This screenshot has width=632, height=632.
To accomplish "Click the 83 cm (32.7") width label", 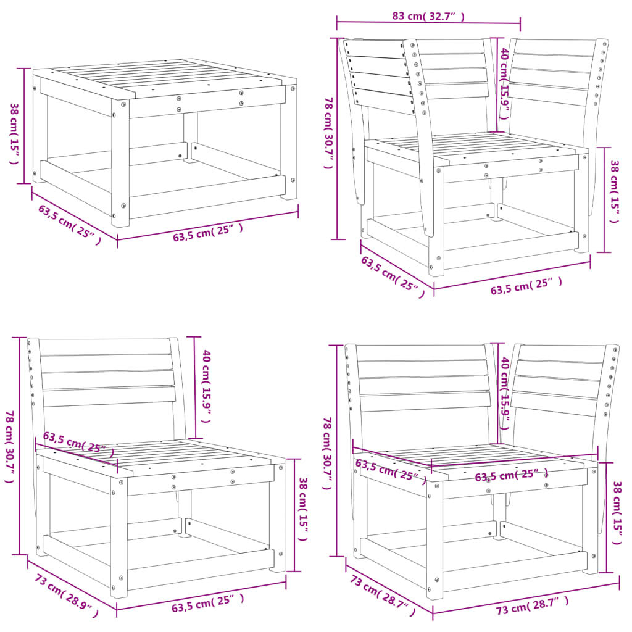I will (x=428, y=17).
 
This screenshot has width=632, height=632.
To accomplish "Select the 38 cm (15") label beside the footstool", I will (x=14, y=133).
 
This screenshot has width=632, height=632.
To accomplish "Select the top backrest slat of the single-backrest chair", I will (x=105, y=346).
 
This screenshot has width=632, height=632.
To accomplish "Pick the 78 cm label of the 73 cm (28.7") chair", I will (x=328, y=454).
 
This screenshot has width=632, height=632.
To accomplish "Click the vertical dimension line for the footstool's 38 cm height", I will (x=25, y=126).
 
